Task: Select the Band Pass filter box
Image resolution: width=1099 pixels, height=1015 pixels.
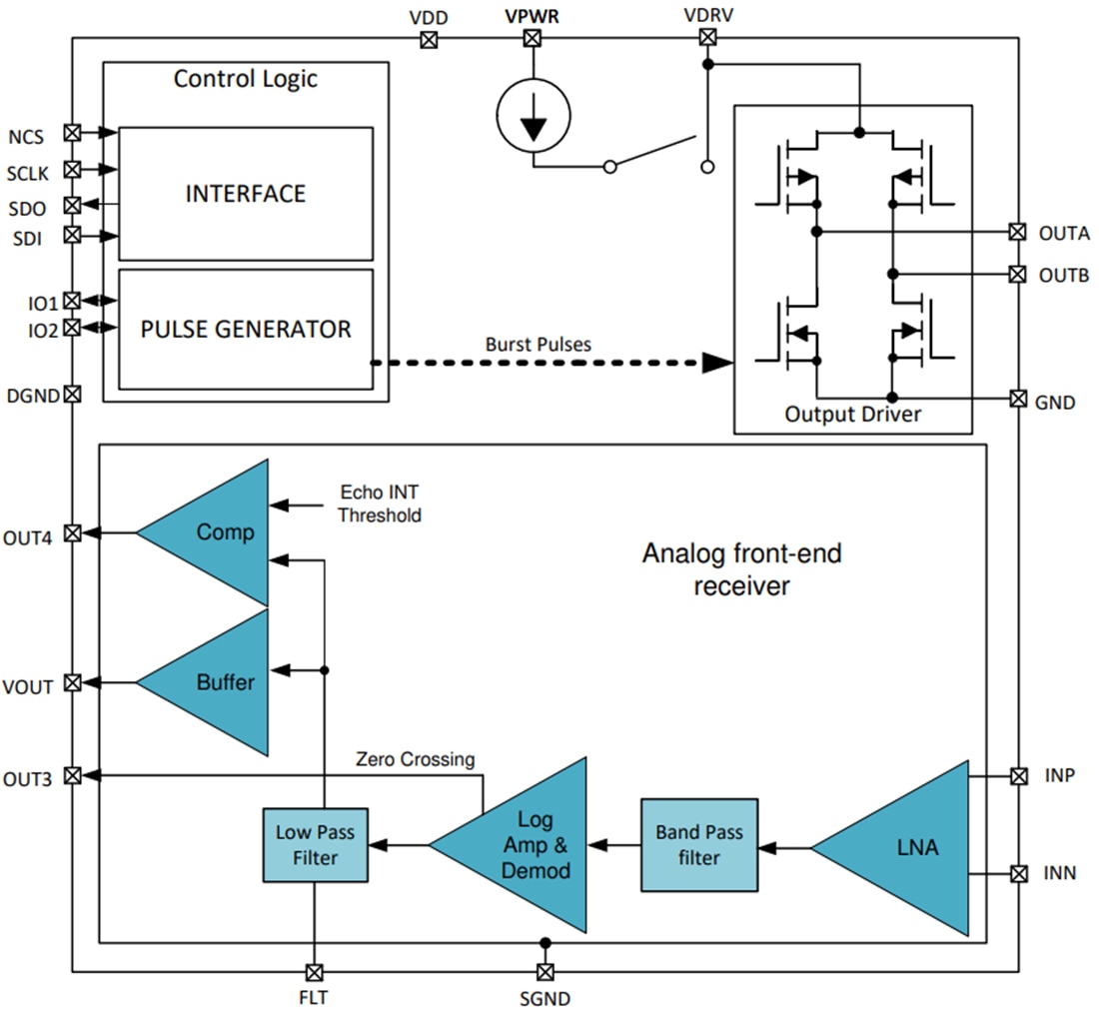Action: click(698, 844)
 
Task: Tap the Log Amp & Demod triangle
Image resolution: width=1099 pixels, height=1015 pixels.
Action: click(530, 846)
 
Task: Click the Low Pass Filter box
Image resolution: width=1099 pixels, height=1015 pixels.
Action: click(314, 844)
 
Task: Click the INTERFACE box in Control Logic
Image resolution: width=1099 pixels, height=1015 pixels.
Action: click(245, 193)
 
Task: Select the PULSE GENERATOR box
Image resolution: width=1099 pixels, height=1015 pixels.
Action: click(245, 329)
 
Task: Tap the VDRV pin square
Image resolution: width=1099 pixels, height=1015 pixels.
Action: click(706, 38)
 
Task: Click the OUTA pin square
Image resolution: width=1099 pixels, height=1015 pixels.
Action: click(1017, 232)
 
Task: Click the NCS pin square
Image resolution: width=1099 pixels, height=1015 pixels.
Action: click(72, 132)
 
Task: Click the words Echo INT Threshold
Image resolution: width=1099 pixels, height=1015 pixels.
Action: click(380, 505)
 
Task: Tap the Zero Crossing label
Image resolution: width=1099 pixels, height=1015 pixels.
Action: click(415, 759)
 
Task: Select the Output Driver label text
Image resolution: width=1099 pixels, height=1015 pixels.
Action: click(852, 414)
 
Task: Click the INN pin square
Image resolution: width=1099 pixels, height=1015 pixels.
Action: click(1018, 873)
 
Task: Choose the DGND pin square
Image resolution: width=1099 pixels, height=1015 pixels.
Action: click(72, 394)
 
